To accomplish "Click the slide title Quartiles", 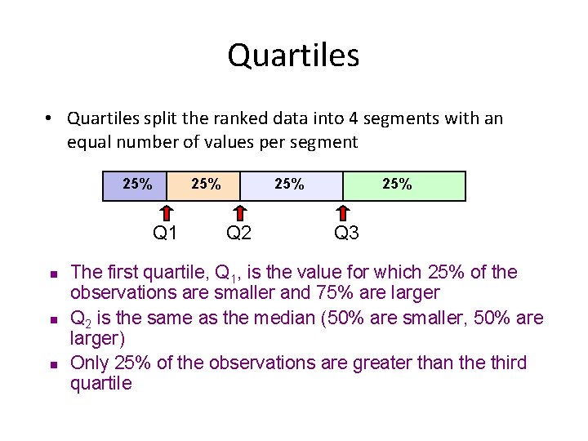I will tap(293, 56).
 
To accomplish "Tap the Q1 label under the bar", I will tap(166, 234).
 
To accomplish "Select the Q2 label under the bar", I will tap(238, 234).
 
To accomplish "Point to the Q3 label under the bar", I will tap(346, 234).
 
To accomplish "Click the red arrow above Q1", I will tap(167, 211).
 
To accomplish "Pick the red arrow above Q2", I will tap(239, 211).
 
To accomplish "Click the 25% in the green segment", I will tap(397, 185).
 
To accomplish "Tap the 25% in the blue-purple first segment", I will tap(137, 184).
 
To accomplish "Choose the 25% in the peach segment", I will tap(206, 185).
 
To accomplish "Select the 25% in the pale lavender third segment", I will tap(289, 185).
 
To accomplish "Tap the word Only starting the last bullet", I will tap(88, 363).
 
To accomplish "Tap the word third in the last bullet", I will tap(506, 363).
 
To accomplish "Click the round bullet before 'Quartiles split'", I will tap(50, 119).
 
